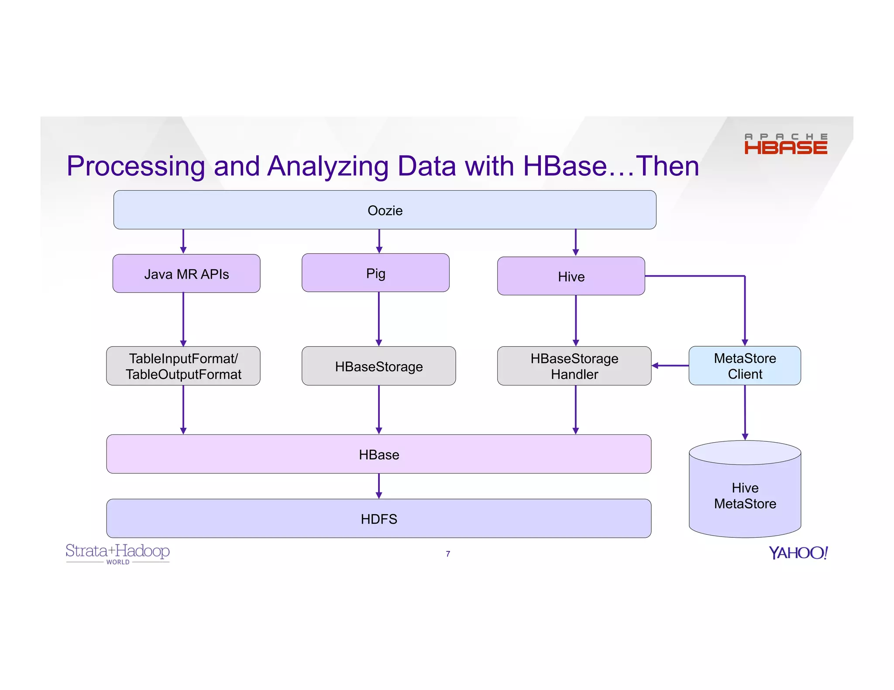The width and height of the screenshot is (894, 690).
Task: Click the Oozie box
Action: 385,210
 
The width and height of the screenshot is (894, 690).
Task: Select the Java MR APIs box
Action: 186,274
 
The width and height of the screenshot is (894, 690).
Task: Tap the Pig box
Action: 375,273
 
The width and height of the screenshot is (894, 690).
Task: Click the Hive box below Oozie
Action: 571,277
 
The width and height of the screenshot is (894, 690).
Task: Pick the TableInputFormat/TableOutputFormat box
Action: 183,366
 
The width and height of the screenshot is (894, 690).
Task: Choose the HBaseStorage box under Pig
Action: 378,366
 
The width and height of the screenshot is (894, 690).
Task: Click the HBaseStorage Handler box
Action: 574,366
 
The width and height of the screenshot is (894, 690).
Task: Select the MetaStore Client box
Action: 745,366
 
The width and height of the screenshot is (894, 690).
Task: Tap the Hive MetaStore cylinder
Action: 745,495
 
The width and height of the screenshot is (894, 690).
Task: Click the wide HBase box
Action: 378,454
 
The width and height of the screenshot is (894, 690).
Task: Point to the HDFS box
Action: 378,519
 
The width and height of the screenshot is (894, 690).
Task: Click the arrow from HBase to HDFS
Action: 379,486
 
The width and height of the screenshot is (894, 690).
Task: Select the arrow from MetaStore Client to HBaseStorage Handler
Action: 670,365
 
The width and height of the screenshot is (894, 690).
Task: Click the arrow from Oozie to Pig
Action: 379,241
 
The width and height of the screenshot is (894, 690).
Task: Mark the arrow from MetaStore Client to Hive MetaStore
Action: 745,413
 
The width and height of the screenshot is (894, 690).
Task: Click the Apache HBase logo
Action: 785,144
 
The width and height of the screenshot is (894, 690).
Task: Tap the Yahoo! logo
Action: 798,553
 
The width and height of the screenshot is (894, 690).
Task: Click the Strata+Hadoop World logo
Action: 117,553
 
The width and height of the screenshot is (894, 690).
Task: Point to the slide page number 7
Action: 448,554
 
